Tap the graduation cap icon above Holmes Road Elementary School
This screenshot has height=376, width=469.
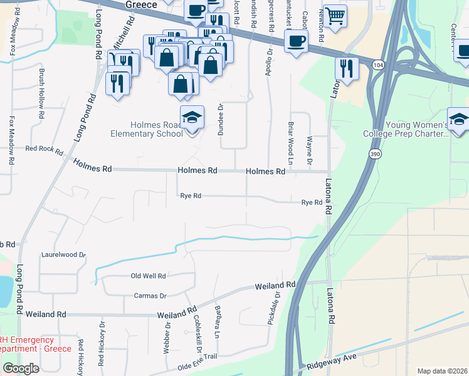point(192,117)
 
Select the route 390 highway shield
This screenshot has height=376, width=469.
point(374,155)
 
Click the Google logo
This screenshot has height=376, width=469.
point(21,368)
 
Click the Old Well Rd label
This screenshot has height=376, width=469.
point(148,276)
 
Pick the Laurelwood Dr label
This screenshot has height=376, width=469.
point(63,255)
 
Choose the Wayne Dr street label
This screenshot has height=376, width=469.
point(310,153)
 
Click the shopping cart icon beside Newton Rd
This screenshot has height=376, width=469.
point(335,16)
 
